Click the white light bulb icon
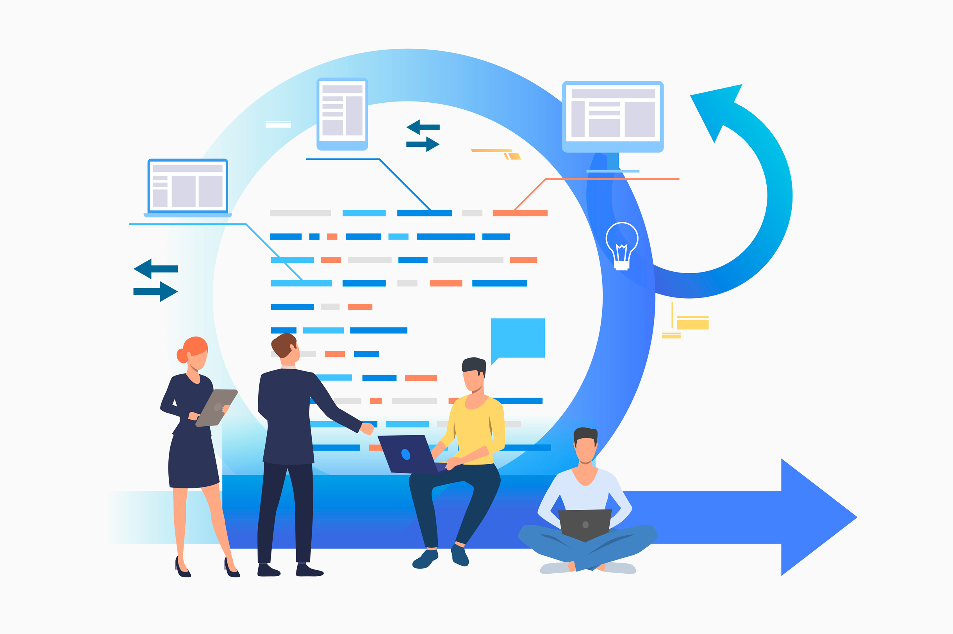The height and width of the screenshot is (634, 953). pos(622,245)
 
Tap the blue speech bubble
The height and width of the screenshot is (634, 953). pos(518,338)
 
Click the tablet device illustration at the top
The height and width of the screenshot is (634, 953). pos(342,114)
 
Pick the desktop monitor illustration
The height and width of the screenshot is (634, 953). pos(613,115)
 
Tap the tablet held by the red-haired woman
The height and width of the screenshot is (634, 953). pos(217,408)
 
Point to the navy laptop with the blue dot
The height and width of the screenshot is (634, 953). pos(407,454)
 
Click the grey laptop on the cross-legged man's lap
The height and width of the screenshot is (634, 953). pos(585,525)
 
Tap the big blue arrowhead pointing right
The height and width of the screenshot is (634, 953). pos(817,517)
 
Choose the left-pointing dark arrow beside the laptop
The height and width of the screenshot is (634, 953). pos(155,269)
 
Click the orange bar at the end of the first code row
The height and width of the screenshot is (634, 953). pos(520,213)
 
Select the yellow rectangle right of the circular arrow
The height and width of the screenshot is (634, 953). pos(692,324)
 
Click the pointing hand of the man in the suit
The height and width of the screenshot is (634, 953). pos(367,428)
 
